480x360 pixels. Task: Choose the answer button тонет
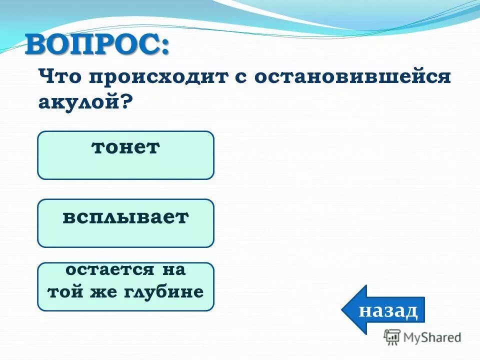point(125,155)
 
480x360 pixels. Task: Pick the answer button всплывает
point(125,223)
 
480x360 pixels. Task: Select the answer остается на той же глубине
point(125,286)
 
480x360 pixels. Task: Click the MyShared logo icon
point(392,337)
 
